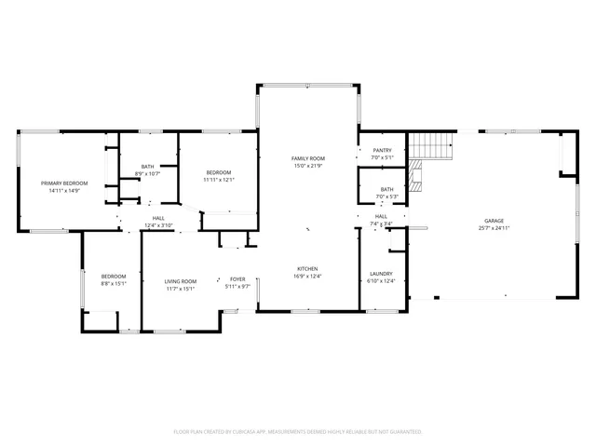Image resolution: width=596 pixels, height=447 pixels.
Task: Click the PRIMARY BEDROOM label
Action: coord(64,183)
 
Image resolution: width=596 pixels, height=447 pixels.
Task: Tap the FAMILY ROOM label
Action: coord(308,159)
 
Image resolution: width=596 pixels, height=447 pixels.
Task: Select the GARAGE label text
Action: coord(494,221)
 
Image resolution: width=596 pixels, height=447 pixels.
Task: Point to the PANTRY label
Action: coord(382,150)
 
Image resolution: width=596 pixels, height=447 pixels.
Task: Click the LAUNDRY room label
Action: coord(382,274)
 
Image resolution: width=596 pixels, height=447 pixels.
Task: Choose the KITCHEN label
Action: coord(308,268)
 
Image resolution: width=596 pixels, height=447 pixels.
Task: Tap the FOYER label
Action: coord(238,279)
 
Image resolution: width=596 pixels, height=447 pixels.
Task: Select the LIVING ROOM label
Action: coord(181,281)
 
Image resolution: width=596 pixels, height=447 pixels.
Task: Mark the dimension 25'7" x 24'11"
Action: coord(494,228)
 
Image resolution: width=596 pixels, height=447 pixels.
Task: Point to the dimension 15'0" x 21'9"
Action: coord(308,167)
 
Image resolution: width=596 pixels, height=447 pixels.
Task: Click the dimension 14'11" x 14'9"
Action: coord(64,191)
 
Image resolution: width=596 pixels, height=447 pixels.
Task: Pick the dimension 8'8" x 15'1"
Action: coord(114,284)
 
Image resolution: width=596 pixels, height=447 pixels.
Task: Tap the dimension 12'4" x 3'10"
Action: coord(159,225)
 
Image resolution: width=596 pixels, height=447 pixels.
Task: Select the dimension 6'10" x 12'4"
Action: coord(382,281)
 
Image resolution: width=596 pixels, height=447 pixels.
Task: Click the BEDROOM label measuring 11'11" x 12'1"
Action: coord(219,172)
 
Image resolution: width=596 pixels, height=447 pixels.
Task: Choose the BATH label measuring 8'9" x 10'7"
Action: coord(148,167)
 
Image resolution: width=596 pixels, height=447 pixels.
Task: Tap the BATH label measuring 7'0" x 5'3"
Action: coord(386,189)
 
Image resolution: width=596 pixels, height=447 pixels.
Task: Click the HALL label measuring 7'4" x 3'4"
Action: coord(381,216)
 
